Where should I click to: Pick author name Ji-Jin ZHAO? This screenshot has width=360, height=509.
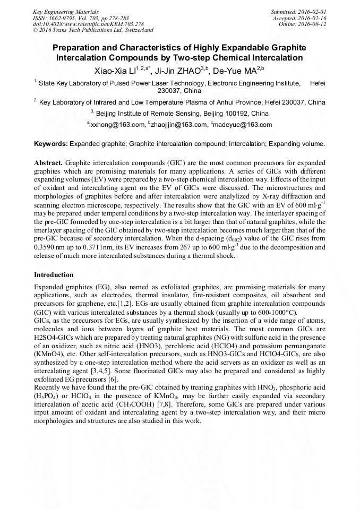[176, 70]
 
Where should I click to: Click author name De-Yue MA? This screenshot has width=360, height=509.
[234, 70]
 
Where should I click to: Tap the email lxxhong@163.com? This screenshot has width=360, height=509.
[116, 125]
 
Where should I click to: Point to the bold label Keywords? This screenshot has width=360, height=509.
[51, 144]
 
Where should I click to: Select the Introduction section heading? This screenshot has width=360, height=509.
[54, 275]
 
